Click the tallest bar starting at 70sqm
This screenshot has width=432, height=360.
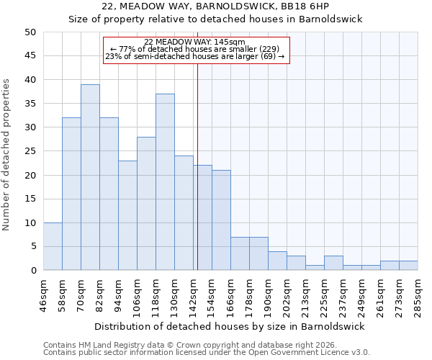tap(90, 177)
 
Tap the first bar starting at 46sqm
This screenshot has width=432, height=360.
tap(53, 246)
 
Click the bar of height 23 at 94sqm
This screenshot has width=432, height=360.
tap(127, 215)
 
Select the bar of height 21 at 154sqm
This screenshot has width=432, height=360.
tap(221, 220)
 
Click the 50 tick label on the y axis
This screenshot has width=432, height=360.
tap(30, 32)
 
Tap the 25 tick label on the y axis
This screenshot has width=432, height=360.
tap(30, 151)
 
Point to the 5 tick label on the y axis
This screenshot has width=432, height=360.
tap(32, 247)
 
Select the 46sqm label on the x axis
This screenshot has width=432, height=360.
tap(43, 294)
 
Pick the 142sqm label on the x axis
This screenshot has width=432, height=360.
tap(193, 294)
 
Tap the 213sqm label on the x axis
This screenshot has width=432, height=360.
tap(305, 294)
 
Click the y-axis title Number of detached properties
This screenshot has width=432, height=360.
tap(7, 156)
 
